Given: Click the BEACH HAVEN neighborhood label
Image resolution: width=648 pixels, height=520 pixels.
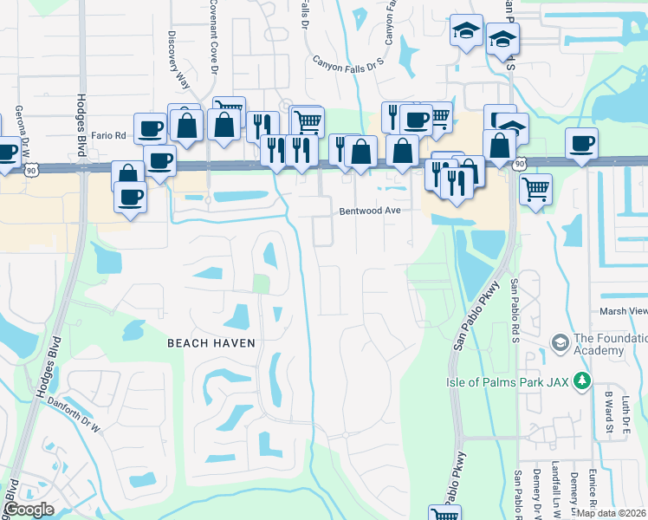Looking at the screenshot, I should coord(211,343).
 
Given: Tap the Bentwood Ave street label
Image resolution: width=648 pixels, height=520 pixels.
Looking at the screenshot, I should coord(370,211).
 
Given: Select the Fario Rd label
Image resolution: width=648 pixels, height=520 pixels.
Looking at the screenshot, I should coord(108,135).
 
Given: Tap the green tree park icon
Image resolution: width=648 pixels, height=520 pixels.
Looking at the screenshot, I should coord(583,380).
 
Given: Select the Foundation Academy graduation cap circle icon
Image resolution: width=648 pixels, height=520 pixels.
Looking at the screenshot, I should coord(559,344).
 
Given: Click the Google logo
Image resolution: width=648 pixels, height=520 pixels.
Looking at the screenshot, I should coord(29,510).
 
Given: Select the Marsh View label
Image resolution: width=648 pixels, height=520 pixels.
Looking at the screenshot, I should coord(623,311).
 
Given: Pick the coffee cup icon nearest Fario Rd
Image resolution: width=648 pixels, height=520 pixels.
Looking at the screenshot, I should coord(150,128).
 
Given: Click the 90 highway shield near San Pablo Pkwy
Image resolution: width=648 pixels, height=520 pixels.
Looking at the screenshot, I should coord(519,162).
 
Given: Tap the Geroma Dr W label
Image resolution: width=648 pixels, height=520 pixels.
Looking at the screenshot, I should coord(18,130).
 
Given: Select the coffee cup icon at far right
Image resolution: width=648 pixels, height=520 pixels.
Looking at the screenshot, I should coord(581,142).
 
